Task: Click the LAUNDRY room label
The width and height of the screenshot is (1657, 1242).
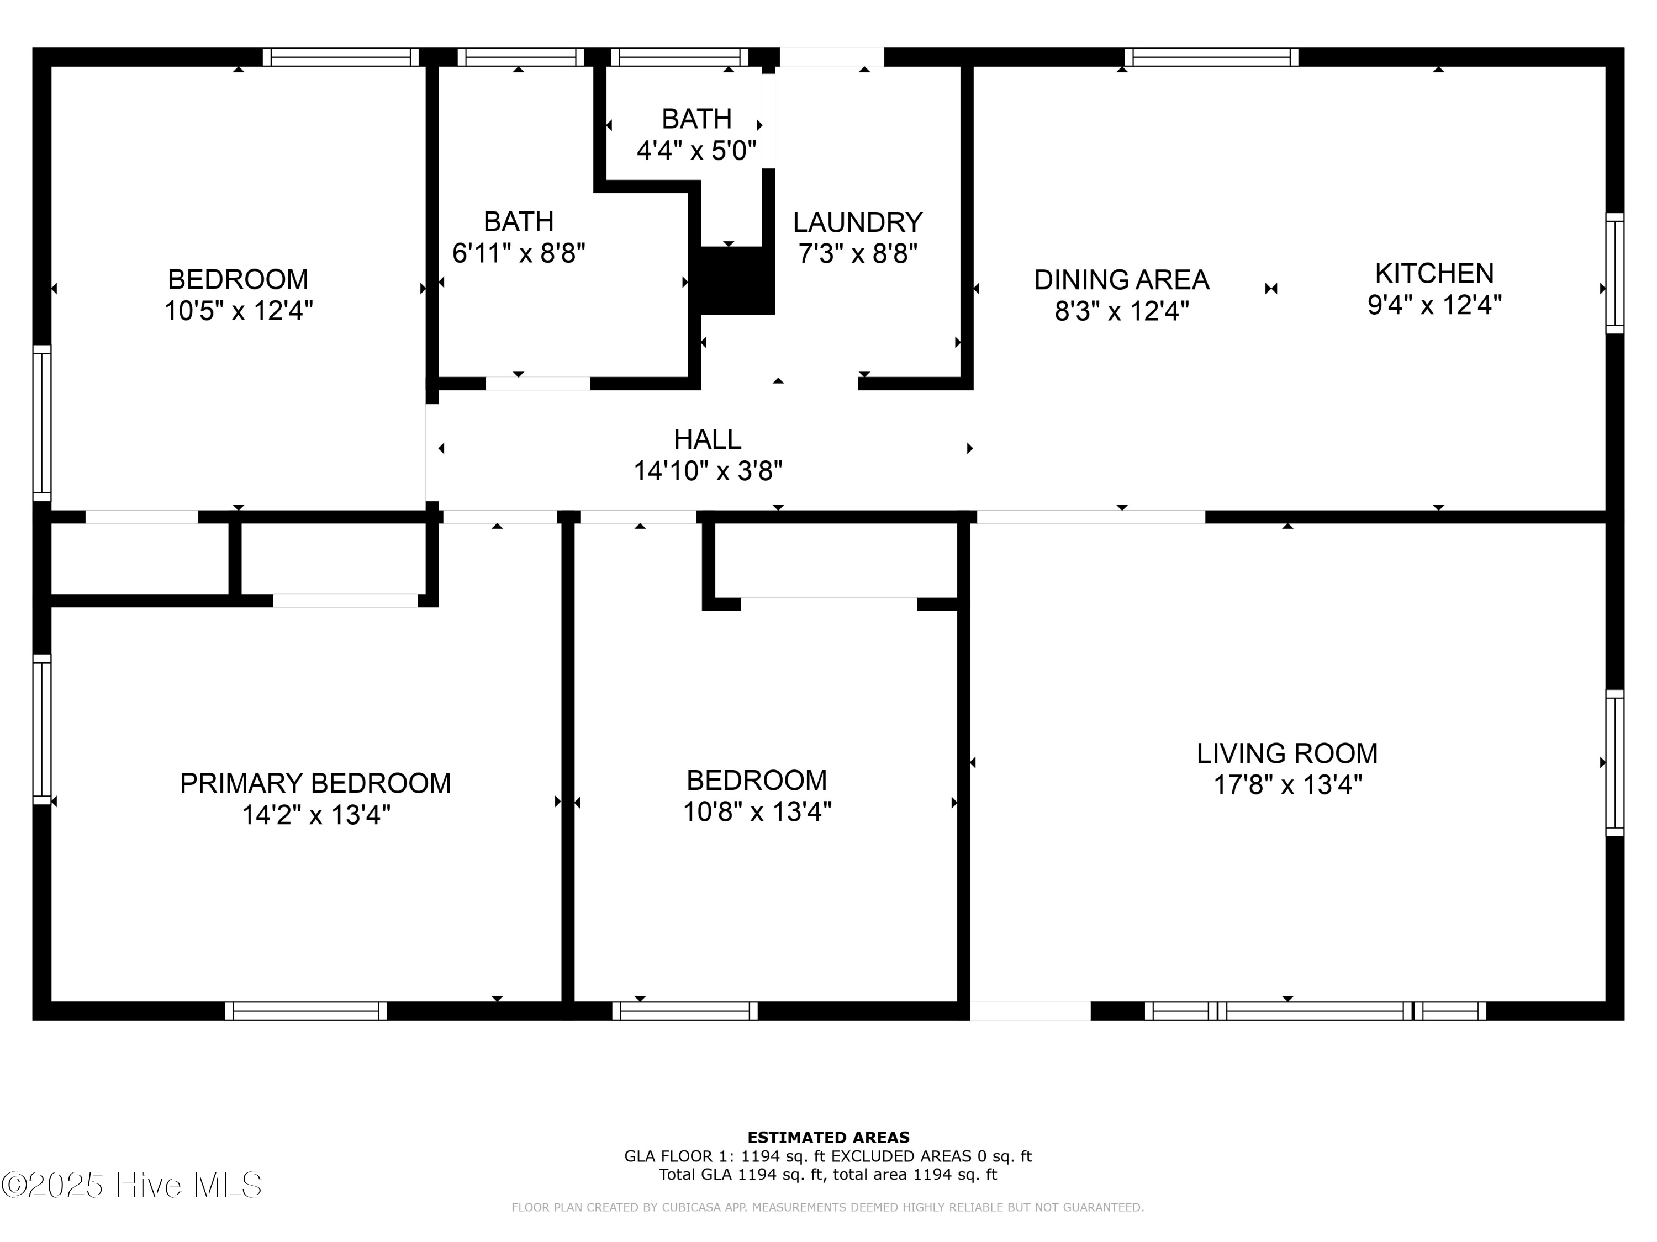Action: click(x=858, y=222)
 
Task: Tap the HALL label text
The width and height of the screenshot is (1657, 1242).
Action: click(x=707, y=439)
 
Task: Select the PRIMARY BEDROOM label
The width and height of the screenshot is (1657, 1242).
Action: click(x=315, y=783)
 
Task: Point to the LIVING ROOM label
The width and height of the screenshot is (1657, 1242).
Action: click(x=1287, y=753)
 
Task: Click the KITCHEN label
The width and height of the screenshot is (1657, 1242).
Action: click(x=1434, y=273)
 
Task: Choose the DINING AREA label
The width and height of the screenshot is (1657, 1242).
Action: click(x=1121, y=280)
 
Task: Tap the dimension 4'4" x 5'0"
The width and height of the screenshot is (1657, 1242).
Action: click(x=696, y=151)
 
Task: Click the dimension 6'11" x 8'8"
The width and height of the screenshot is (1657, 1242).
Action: click(x=519, y=253)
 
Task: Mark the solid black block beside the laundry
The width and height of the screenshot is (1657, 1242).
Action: click(x=732, y=280)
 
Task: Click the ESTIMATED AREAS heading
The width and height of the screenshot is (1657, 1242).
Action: click(x=828, y=1138)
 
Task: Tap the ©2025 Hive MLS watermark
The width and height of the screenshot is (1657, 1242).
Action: click(x=132, y=1185)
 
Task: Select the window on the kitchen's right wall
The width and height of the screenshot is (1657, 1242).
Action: click(x=1615, y=273)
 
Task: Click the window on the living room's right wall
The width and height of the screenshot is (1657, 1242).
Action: click(x=1615, y=763)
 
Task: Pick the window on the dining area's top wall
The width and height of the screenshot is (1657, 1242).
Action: click(x=1211, y=57)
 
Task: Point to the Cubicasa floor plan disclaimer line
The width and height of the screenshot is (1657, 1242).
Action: click(x=828, y=1207)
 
